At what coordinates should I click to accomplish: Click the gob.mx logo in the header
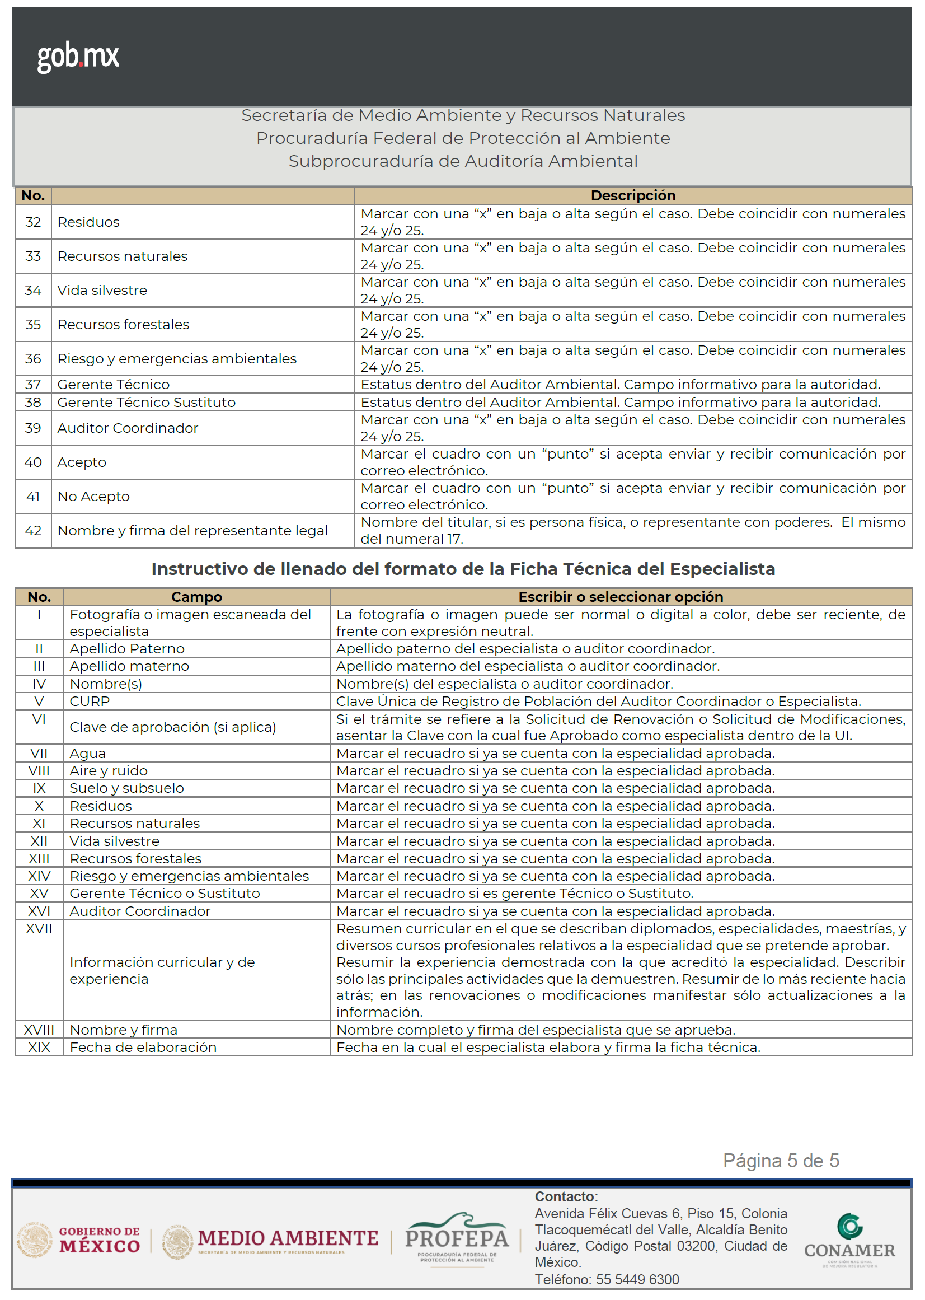pos(78,57)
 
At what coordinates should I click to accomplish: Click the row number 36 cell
pos(33,358)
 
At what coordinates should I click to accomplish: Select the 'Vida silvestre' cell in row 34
pos(102,291)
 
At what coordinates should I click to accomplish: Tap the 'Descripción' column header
pos(633,195)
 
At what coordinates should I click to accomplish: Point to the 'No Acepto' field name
pos(93,497)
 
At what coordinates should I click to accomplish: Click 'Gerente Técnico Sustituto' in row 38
pos(147,403)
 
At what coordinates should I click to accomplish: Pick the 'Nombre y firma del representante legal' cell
pos(192,531)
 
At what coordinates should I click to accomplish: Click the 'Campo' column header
pos(196,597)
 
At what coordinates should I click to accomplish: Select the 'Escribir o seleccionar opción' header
pos(620,597)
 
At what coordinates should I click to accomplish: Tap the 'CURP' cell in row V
pos(90,702)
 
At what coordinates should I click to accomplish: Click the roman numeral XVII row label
pos(39,929)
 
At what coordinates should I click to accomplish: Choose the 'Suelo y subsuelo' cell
pos(126,788)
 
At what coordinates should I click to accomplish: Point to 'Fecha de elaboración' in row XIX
pos(143,1048)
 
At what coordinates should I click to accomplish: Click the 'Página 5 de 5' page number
pos(781,1161)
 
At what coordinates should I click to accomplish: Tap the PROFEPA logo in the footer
pos(456,1238)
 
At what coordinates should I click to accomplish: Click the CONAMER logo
pos(849,1241)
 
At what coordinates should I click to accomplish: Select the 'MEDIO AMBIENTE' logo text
pos(288,1238)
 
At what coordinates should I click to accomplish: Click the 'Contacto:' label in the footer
pos(566,1197)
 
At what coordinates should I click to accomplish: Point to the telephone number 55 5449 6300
pos(637,1279)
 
